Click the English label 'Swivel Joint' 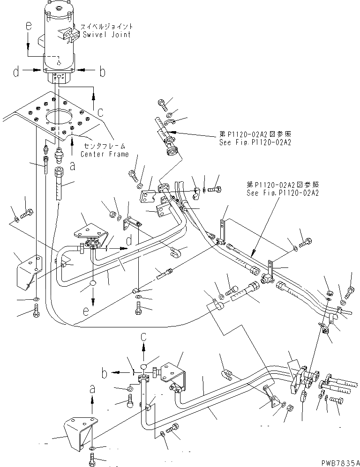pos(106,35)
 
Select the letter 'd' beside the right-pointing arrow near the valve pos(128,241)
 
